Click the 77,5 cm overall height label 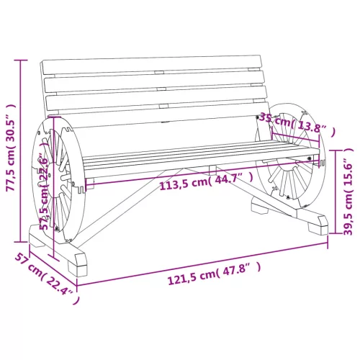11,148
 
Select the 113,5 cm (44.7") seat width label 207,182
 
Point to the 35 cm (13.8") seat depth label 297,124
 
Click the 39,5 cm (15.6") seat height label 348,192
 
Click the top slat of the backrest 152,64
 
